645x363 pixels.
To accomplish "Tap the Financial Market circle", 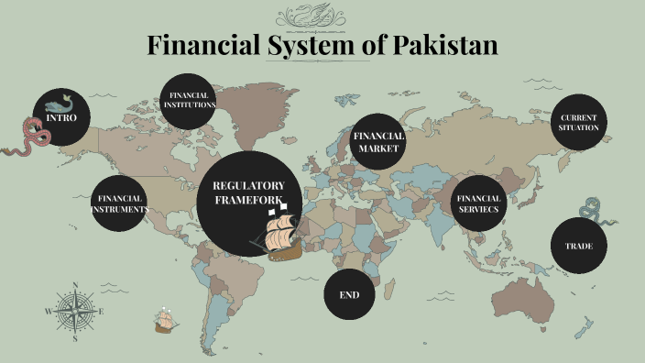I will tap(378, 141).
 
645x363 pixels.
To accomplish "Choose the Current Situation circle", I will tap(579, 122).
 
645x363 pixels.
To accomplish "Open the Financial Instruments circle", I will tap(119, 203).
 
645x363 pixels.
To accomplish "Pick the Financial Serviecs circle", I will tap(479, 203).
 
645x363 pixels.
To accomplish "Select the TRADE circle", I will tap(578, 246).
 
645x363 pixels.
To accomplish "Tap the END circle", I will tap(350, 295).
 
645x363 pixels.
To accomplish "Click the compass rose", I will tap(74, 311).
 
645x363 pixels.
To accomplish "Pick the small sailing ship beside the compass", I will tap(166, 320).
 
